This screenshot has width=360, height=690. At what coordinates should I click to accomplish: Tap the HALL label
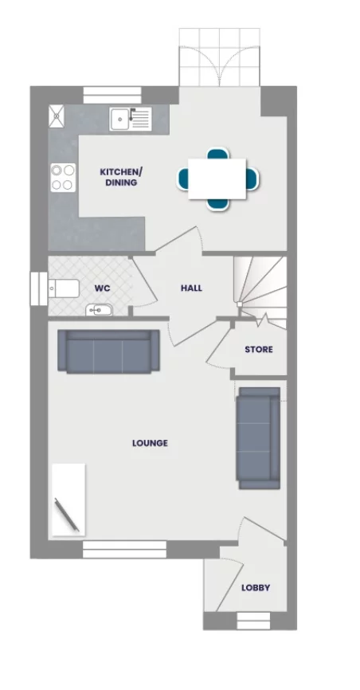pyautogui.click(x=191, y=288)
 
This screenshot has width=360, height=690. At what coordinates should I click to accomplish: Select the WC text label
pyautogui.click(x=102, y=288)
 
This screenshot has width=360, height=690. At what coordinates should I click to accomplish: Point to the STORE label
pyautogui.click(x=258, y=350)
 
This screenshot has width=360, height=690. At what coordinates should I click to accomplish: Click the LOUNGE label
pyautogui.click(x=150, y=443)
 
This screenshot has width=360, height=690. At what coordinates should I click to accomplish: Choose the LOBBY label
pyautogui.click(x=256, y=588)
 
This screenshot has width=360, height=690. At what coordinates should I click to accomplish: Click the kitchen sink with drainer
pyautogui.click(x=130, y=119)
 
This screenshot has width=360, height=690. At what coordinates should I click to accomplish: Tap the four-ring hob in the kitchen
pyautogui.click(x=63, y=177)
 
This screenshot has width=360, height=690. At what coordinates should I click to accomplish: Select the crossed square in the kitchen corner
pyautogui.click(x=57, y=116)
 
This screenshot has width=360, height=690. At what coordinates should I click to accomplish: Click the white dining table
pyautogui.click(x=217, y=178)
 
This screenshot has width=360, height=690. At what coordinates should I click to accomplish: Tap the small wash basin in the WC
pyautogui.click(x=99, y=310)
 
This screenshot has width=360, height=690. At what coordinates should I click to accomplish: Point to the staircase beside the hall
pyautogui.click(x=260, y=285)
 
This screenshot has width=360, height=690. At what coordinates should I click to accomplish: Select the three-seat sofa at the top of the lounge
pyautogui.click(x=108, y=351)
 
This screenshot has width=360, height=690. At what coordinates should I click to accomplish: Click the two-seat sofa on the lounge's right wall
pyautogui.click(x=258, y=437)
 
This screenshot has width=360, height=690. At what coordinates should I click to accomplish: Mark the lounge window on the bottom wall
pyautogui.click(x=124, y=549)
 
